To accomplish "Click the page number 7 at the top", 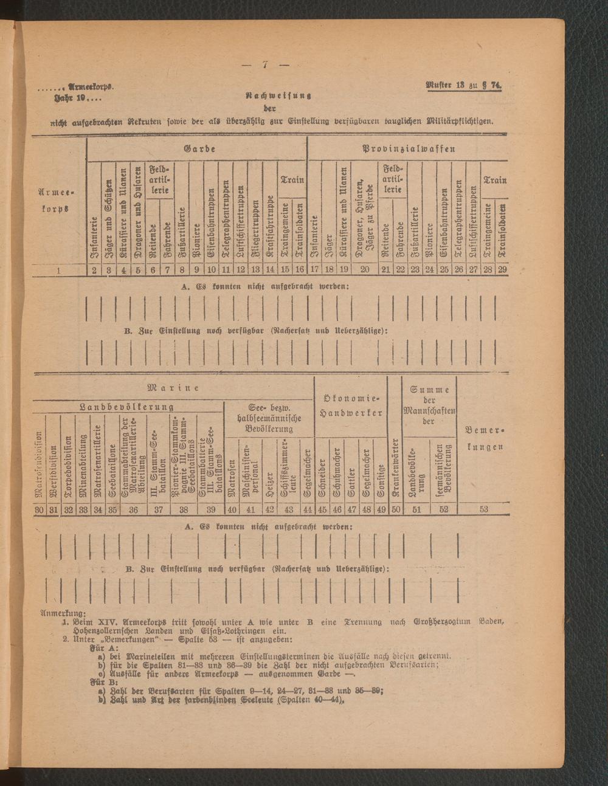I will pos(266,65).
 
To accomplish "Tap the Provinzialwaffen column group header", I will pos(409,149).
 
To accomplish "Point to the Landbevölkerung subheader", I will pos(128,407).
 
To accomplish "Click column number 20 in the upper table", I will pos(365,270).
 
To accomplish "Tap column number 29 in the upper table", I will pos(502,270).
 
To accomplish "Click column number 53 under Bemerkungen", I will pos(483,509).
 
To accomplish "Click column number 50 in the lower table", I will pos(395,509).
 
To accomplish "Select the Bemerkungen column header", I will pos(485,438).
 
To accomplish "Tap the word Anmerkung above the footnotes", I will pos(63,613).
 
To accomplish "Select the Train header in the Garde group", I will pos(292,180).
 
